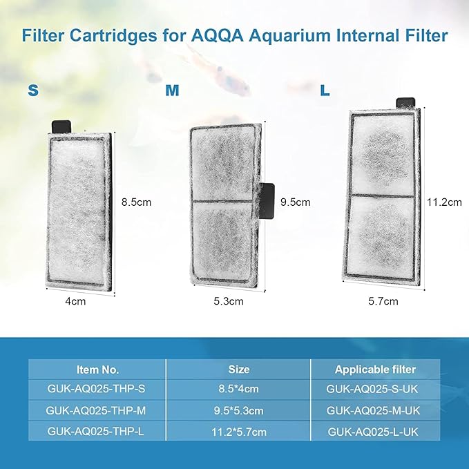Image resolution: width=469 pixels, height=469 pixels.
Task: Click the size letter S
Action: click(32, 90)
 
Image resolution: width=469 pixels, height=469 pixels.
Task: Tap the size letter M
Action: click(173, 90)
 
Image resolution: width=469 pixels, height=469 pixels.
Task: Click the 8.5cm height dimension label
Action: click(136, 202)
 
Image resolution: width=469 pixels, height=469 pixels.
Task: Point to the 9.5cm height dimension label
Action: click(295, 202)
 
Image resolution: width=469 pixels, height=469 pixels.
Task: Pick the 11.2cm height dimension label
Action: click(443, 202)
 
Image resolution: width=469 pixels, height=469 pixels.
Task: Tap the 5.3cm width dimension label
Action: click(229, 301)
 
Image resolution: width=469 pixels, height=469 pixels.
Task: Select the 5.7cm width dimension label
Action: click(383, 301)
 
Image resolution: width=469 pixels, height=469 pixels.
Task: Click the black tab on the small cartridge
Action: click(61, 126)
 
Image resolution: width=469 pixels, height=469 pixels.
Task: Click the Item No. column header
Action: click(97, 370)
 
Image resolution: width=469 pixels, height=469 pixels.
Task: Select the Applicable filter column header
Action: click(376, 370)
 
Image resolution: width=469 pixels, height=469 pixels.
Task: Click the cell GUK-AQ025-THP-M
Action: click(98, 410)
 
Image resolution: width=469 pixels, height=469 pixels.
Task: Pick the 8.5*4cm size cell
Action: click(238, 390)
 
